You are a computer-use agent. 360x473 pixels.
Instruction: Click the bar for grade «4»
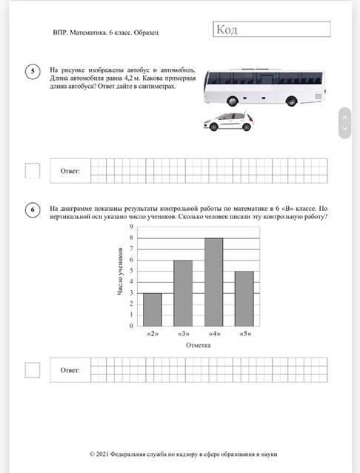[x=213, y=282]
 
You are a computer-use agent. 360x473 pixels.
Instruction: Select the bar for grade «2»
[x=153, y=309]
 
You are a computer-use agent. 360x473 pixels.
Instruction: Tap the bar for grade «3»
[x=183, y=293]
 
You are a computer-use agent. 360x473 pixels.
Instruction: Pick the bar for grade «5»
[x=244, y=298]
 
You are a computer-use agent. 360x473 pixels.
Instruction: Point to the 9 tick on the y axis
[x=131, y=227]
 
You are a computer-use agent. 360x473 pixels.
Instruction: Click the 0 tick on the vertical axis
[x=131, y=326]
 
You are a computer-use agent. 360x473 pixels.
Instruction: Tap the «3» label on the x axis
[x=184, y=334]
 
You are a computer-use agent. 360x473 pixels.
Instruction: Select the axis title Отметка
[x=199, y=345]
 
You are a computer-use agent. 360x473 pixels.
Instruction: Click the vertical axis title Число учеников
[x=120, y=271]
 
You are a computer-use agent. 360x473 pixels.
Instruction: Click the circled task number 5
[x=33, y=72]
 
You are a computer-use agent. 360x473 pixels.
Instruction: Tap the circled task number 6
[x=33, y=209]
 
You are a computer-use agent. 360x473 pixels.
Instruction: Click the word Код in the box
[x=227, y=30]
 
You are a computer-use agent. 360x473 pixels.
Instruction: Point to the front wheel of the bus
[x=233, y=101]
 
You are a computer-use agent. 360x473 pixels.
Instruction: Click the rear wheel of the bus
[x=291, y=101]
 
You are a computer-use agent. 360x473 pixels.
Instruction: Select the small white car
[x=229, y=121]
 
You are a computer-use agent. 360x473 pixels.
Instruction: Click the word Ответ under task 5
[x=70, y=171]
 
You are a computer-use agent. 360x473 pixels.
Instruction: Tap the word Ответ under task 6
[x=70, y=370]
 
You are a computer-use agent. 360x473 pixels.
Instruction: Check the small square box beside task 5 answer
[x=33, y=171]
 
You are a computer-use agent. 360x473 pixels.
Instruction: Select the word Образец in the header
[x=146, y=33]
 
